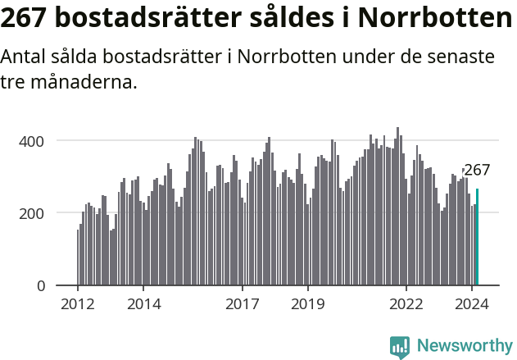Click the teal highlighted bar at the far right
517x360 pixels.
(x=477, y=238)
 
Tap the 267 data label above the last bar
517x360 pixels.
(x=477, y=171)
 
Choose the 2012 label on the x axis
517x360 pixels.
(x=78, y=303)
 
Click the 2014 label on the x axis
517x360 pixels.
(x=143, y=303)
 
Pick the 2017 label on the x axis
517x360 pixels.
(x=243, y=303)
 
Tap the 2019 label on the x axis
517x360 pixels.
(x=308, y=303)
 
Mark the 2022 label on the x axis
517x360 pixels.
(x=406, y=303)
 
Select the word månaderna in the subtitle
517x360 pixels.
(x=79, y=83)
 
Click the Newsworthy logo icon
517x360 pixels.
(x=399, y=347)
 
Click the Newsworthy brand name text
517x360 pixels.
(x=465, y=346)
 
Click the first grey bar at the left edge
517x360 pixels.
(x=78, y=257)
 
